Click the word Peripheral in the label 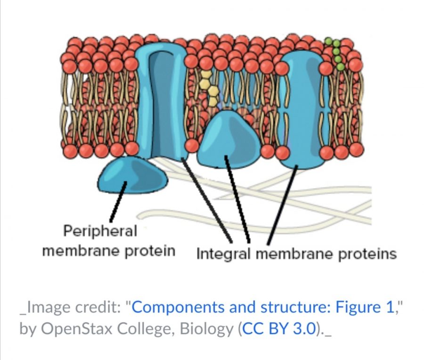(x=100, y=231)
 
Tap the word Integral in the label (x=224, y=254)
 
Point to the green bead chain (x=337, y=54)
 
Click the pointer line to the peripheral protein (x=117, y=203)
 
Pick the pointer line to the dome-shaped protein (x=237, y=198)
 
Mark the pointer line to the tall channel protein (x=205, y=198)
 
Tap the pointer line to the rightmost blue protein (x=283, y=203)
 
